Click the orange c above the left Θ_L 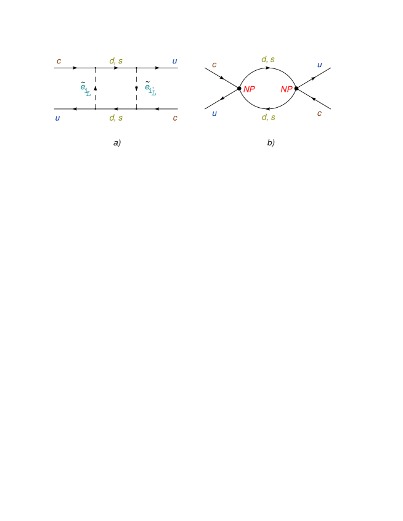pos(59,61)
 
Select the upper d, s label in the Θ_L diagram pos(116,61)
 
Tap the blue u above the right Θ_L pos(174,61)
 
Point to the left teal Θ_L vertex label pos(85,90)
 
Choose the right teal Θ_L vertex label pos(150,90)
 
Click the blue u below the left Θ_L pos(57,118)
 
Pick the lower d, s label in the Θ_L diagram pos(116,118)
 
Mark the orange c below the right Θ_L pos(175,118)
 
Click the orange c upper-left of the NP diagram pos(214,65)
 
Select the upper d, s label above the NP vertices pos(267,59)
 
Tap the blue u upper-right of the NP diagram pos(319,65)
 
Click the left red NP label pos(249,89)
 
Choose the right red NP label pos(287,89)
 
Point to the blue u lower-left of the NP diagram pos(214,113)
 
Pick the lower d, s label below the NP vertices pos(268,117)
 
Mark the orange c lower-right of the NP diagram pos(319,113)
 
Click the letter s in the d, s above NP pos(272,59)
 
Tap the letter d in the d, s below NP pos(264,117)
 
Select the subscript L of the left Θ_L pos(88,94)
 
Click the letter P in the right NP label pos(290,89)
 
